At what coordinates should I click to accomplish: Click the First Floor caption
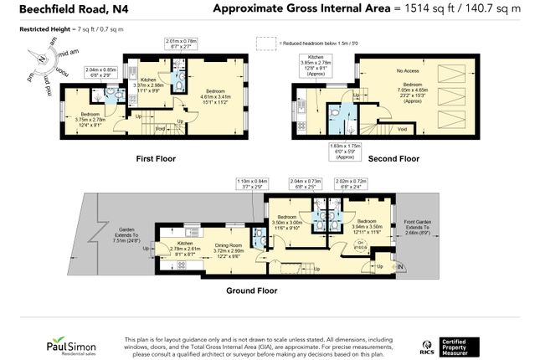click(x=155, y=158)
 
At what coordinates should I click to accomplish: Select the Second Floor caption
click(x=393, y=158)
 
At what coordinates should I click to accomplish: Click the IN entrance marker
click(x=400, y=268)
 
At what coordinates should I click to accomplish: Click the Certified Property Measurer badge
click(x=460, y=344)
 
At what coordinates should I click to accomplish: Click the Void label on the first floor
click(x=159, y=129)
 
